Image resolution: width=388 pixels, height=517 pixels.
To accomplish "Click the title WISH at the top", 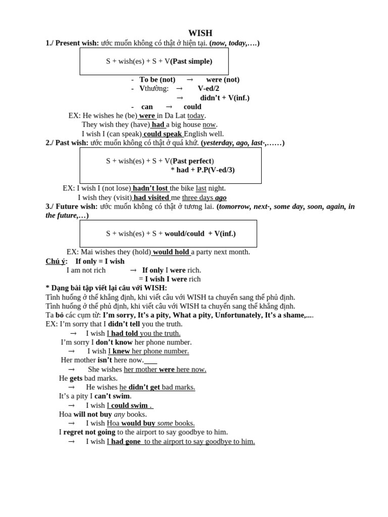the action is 200,33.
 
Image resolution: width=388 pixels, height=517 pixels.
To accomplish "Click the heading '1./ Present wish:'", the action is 72,43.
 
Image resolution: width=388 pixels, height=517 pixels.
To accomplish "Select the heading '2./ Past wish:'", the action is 67,143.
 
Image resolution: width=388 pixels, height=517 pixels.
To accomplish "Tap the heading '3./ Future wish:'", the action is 72,206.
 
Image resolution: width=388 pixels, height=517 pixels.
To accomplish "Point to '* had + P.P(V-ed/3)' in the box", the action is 203,170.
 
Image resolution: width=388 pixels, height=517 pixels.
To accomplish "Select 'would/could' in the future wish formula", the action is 184,234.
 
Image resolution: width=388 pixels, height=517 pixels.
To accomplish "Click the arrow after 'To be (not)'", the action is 190,80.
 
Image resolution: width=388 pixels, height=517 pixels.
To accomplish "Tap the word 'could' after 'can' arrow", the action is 192,107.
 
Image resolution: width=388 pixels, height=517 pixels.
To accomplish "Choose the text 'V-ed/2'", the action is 208,89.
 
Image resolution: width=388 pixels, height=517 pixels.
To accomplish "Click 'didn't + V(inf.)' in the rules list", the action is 225,98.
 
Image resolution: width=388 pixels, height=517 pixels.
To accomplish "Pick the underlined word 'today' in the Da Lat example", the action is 196,116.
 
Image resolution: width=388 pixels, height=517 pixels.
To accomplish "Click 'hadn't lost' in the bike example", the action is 150,188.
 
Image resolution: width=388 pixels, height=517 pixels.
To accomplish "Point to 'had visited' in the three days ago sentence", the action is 151,197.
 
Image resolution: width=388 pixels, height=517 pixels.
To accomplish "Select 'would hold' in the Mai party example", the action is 171,252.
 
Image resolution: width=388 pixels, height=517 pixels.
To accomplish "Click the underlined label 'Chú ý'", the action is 55,261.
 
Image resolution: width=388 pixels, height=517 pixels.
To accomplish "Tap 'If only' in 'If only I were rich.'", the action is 153,270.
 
